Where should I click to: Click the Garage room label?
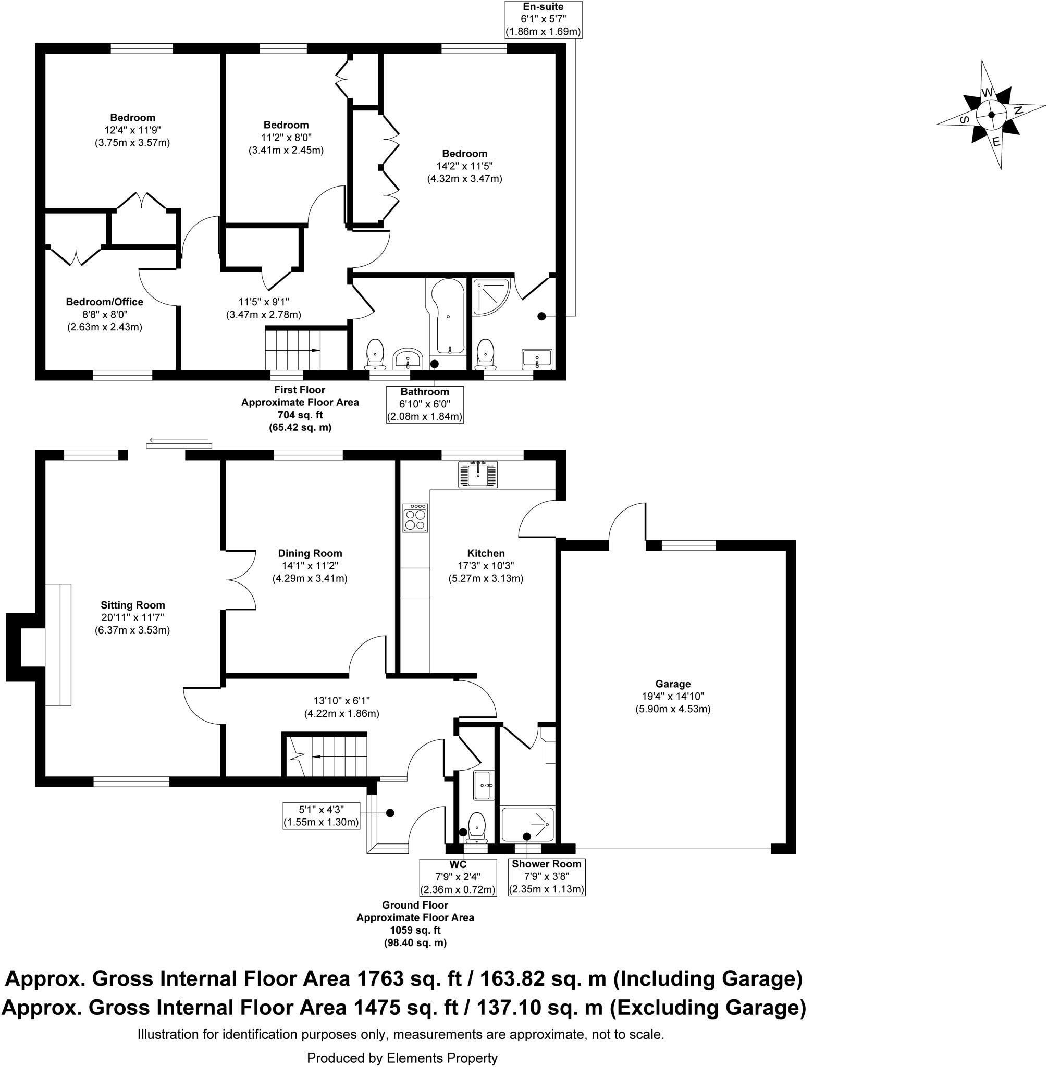point(673,684)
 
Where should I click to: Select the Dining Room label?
point(310,553)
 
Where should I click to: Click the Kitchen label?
point(486,553)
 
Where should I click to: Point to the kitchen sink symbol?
point(478,474)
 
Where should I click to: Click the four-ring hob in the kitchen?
point(415,518)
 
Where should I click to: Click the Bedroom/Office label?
point(105,302)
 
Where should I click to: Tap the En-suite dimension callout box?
point(543,19)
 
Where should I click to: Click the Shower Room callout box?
point(546,876)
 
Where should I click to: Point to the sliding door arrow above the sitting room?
point(179,440)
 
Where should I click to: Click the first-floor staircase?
point(293,349)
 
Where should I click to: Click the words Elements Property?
point(442,1057)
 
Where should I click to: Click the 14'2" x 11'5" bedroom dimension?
point(464,166)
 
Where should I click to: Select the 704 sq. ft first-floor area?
point(300,414)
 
